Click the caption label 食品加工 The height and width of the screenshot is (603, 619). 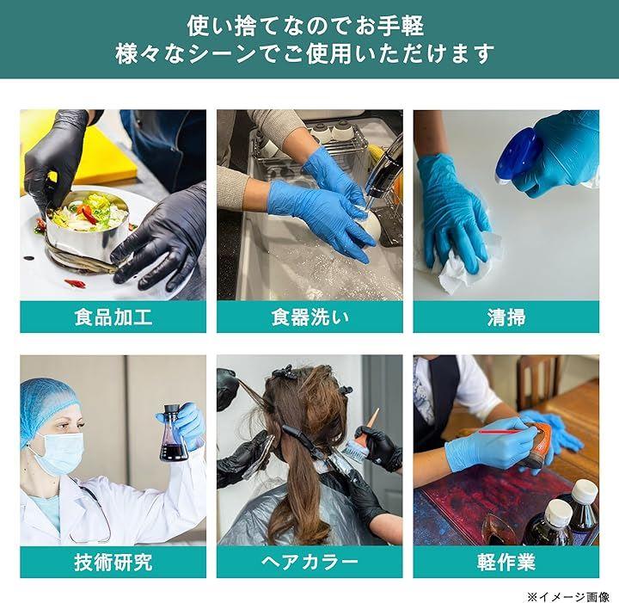[x=113, y=317]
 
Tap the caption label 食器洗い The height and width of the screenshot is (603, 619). [x=309, y=317]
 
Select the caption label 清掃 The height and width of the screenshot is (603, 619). [x=506, y=317]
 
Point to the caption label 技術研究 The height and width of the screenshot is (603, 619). [x=113, y=562]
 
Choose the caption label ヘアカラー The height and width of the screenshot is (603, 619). [x=309, y=562]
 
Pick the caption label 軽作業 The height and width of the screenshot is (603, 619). [x=506, y=562]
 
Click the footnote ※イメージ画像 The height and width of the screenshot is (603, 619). [x=567, y=596]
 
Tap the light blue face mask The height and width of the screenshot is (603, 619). [x=59, y=453]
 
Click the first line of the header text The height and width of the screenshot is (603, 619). [x=305, y=26]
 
